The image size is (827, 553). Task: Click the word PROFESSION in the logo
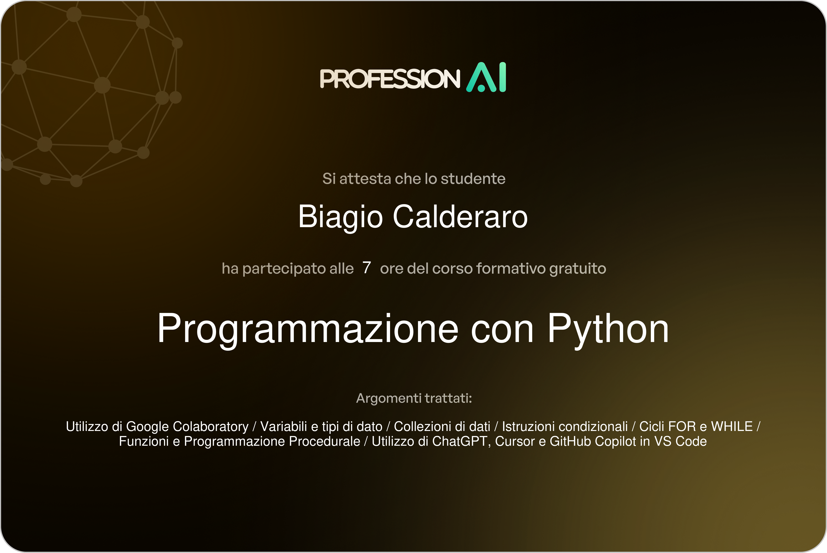click(390, 79)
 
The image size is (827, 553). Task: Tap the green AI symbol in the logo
click(486, 77)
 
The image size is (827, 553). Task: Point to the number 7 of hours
click(367, 267)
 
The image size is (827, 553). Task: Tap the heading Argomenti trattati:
click(414, 398)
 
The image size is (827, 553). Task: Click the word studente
click(473, 179)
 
